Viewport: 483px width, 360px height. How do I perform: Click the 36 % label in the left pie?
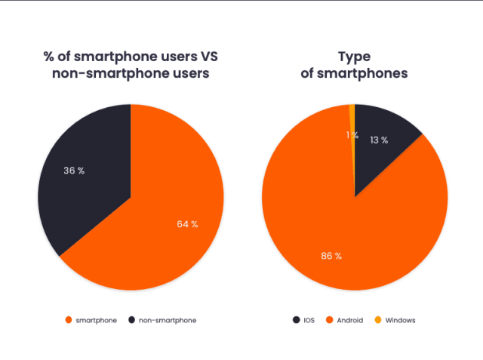point(73,171)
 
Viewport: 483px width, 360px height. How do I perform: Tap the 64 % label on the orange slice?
point(186,224)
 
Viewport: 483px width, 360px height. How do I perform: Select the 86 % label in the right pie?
point(331,256)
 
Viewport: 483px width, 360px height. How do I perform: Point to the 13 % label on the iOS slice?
point(379,140)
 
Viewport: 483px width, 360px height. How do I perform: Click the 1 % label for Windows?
point(352,135)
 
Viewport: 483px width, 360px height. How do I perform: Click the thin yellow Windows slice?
point(352,113)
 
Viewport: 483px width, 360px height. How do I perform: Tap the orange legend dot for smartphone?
point(69,320)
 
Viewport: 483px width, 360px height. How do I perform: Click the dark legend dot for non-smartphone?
point(133,320)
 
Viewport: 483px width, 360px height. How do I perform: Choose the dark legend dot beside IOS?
point(296,320)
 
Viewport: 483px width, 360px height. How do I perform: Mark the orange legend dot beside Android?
point(330,320)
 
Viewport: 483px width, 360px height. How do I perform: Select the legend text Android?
point(349,320)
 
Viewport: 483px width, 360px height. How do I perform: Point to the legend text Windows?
point(400,320)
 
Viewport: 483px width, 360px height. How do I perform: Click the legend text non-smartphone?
point(168,320)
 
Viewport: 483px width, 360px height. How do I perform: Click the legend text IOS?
point(309,320)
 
